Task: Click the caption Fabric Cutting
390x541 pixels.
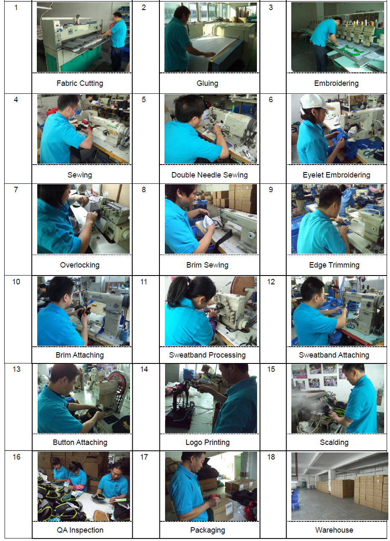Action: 80,83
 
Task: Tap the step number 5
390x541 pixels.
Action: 144,100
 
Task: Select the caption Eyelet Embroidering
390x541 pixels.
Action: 336,175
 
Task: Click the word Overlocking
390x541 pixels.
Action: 80,265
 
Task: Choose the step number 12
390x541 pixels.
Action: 271,282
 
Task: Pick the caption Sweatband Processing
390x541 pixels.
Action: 207,355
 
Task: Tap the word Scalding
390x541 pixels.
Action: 334,442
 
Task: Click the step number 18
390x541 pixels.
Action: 271,457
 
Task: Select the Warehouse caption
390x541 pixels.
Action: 334,530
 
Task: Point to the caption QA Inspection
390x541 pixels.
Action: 80,530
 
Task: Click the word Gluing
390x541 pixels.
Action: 207,83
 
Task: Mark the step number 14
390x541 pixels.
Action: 144,369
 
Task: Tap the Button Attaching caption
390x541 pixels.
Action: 80,442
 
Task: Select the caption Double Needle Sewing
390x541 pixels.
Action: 210,175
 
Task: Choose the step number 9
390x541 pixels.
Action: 271,190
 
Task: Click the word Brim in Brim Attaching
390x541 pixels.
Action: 63,355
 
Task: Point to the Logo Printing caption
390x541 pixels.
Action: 208,442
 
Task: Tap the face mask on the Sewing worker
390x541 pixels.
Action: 72,113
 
